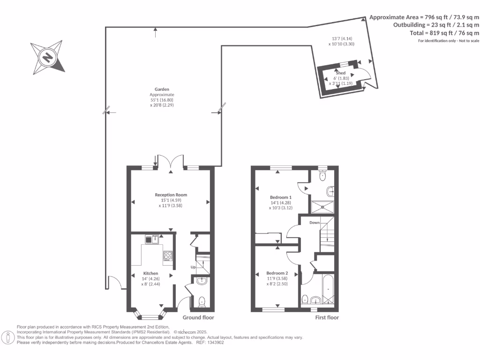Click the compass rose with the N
pyautogui.click(x=47, y=57)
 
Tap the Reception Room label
pyautogui.click(x=171, y=195)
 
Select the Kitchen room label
pyautogui.click(x=150, y=273)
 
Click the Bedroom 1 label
pyautogui.click(x=281, y=197)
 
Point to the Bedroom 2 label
pyautogui.click(x=277, y=273)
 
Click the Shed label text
pyautogui.click(x=340, y=73)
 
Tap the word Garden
pyautogui.click(x=162, y=89)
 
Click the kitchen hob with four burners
pyautogui.click(x=168, y=255)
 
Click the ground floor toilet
pyautogui.click(x=202, y=301)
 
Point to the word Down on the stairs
pyautogui.click(x=314, y=223)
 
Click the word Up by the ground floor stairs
pyautogui.click(x=193, y=267)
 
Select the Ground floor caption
pyautogui.click(x=198, y=317)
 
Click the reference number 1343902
pyautogui.click(x=214, y=343)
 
